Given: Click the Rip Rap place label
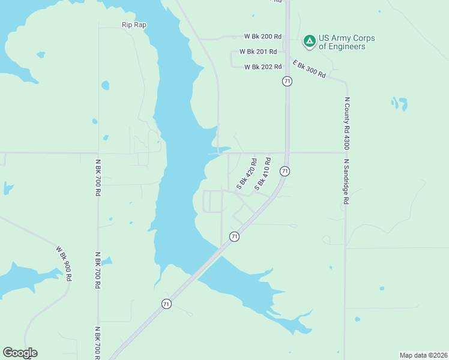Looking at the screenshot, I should click(134, 25).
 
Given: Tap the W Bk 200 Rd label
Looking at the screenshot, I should click(263, 37).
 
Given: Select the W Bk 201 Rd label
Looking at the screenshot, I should click(258, 52).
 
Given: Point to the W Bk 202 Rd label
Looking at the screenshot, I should click(263, 67).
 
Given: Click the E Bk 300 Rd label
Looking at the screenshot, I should click(309, 68).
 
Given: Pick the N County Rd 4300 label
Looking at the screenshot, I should click(346, 124).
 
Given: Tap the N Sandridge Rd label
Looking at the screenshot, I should click(346, 182).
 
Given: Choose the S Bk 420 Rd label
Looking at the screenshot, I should click(247, 174).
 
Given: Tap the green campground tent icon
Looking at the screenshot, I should click(309, 41).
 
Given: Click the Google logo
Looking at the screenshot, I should click(20, 353).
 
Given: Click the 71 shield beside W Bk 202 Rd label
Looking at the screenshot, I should click(288, 81).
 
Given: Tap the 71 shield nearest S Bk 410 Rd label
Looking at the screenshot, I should click(285, 171).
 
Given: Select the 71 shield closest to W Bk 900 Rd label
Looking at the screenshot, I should click(166, 304).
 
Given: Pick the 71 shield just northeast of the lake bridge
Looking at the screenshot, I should click(234, 236).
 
